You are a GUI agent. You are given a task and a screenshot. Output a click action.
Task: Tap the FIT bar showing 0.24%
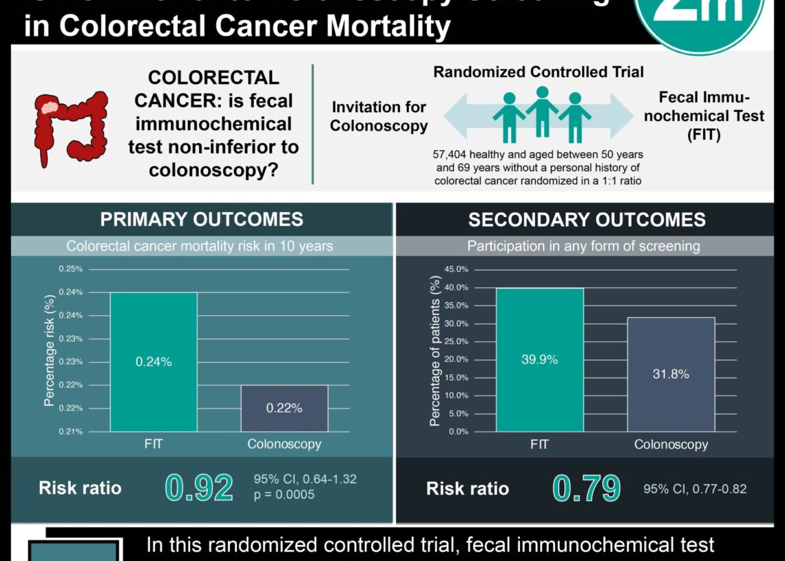pyautogui.click(x=154, y=361)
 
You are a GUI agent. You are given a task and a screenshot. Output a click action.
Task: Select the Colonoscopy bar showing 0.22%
pyautogui.click(x=284, y=407)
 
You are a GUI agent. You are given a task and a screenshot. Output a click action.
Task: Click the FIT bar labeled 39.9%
pyautogui.click(x=539, y=359)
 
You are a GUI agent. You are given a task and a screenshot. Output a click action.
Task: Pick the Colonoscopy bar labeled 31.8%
pyautogui.click(x=671, y=374)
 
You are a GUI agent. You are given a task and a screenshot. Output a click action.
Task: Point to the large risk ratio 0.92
pyautogui.click(x=199, y=488)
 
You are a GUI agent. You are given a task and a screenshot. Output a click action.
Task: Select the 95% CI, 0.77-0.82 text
pyautogui.click(x=695, y=489)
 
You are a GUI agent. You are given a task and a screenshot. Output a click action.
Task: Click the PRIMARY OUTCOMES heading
pyautogui.click(x=202, y=220)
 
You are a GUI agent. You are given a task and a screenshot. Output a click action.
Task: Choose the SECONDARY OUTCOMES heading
pyautogui.click(x=587, y=220)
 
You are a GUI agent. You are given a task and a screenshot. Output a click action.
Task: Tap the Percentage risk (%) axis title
pyautogui.click(x=49, y=350)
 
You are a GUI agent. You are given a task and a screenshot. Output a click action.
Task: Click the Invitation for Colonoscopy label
pyautogui.click(x=379, y=116)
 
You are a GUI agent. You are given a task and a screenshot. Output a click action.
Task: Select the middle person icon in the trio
pyautogui.click(x=542, y=110)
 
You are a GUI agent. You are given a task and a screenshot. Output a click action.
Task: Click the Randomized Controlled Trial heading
pyautogui.click(x=538, y=72)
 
